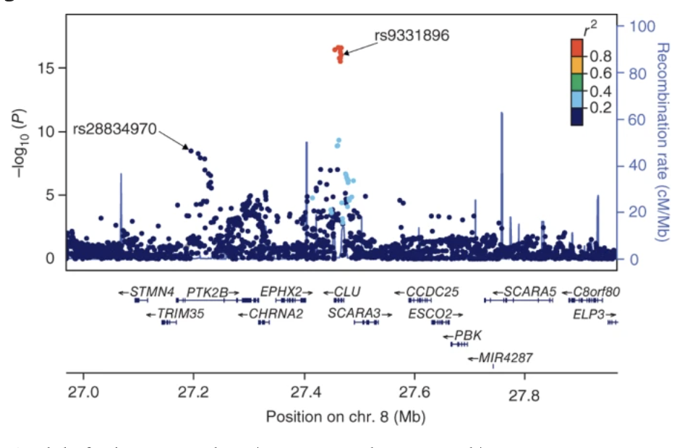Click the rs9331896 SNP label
click(x=412, y=35)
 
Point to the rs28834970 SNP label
click(x=114, y=129)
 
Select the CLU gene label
click(x=346, y=292)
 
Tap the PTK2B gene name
click(x=207, y=292)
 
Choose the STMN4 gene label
click(x=152, y=292)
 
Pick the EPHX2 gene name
click(x=281, y=292)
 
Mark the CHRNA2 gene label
click(x=276, y=314)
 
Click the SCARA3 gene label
click(x=354, y=314)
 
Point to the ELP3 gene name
click(x=589, y=314)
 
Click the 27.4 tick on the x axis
click(x=304, y=396)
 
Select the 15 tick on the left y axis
click(x=47, y=68)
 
